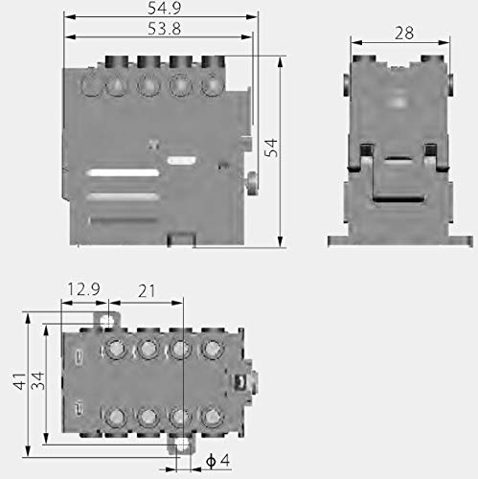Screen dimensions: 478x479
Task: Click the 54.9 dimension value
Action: pyautogui.click(x=164, y=8)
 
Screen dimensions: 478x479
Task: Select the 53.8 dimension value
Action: pyautogui.click(x=164, y=29)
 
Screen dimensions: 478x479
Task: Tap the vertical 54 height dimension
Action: pyautogui.click(x=271, y=148)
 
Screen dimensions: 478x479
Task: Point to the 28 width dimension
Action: pyautogui.click(x=404, y=33)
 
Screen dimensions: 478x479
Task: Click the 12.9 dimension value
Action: pyautogui.click(x=83, y=289)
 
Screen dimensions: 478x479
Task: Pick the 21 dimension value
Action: pyautogui.click(x=147, y=290)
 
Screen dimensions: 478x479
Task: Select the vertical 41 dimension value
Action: pyautogui.click(x=19, y=381)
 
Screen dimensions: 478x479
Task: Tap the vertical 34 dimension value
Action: pyautogui.click(x=37, y=380)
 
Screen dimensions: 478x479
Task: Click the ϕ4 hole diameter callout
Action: pyautogui.click(x=217, y=461)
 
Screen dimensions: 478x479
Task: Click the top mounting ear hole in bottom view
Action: pyautogui.click(x=106, y=320)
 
